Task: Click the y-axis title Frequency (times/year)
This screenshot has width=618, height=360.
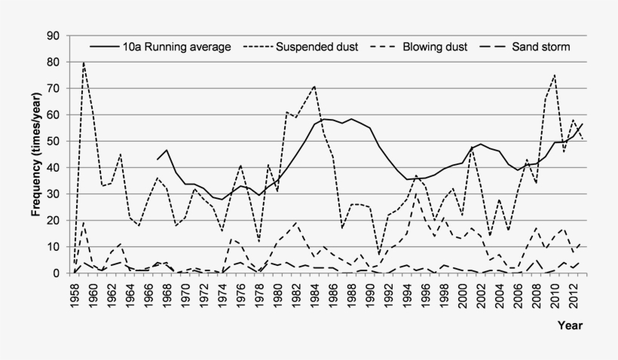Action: point(35,154)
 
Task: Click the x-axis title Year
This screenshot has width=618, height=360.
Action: point(570,325)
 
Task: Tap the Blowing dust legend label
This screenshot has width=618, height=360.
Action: point(435,47)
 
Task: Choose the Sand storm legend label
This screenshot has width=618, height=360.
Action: point(540,47)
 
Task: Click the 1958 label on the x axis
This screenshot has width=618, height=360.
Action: point(75,294)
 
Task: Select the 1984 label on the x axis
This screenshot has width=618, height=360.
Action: point(314,294)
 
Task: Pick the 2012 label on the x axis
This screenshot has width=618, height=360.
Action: point(573,294)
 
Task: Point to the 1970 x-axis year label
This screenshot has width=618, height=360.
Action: point(185,294)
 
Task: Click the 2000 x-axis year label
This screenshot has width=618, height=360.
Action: point(462,294)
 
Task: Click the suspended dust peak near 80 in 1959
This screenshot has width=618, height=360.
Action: point(84,63)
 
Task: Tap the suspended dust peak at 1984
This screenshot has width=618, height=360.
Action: point(314,87)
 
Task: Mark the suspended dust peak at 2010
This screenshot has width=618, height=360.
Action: point(555,75)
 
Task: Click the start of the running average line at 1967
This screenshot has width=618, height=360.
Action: point(158,159)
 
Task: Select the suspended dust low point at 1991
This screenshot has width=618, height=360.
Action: point(379,255)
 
